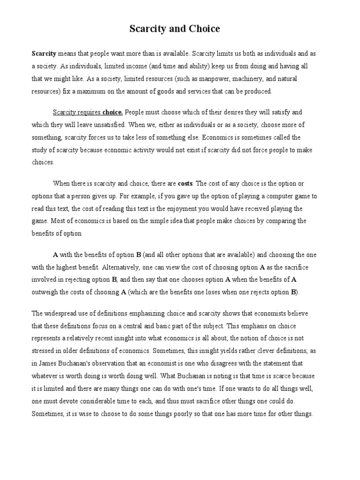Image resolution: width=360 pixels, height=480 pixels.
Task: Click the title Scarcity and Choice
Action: click(x=174, y=29)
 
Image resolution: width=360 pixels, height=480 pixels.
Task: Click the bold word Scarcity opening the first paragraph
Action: click(x=44, y=54)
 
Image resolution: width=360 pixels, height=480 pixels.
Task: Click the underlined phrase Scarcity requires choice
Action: click(x=88, y=112)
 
